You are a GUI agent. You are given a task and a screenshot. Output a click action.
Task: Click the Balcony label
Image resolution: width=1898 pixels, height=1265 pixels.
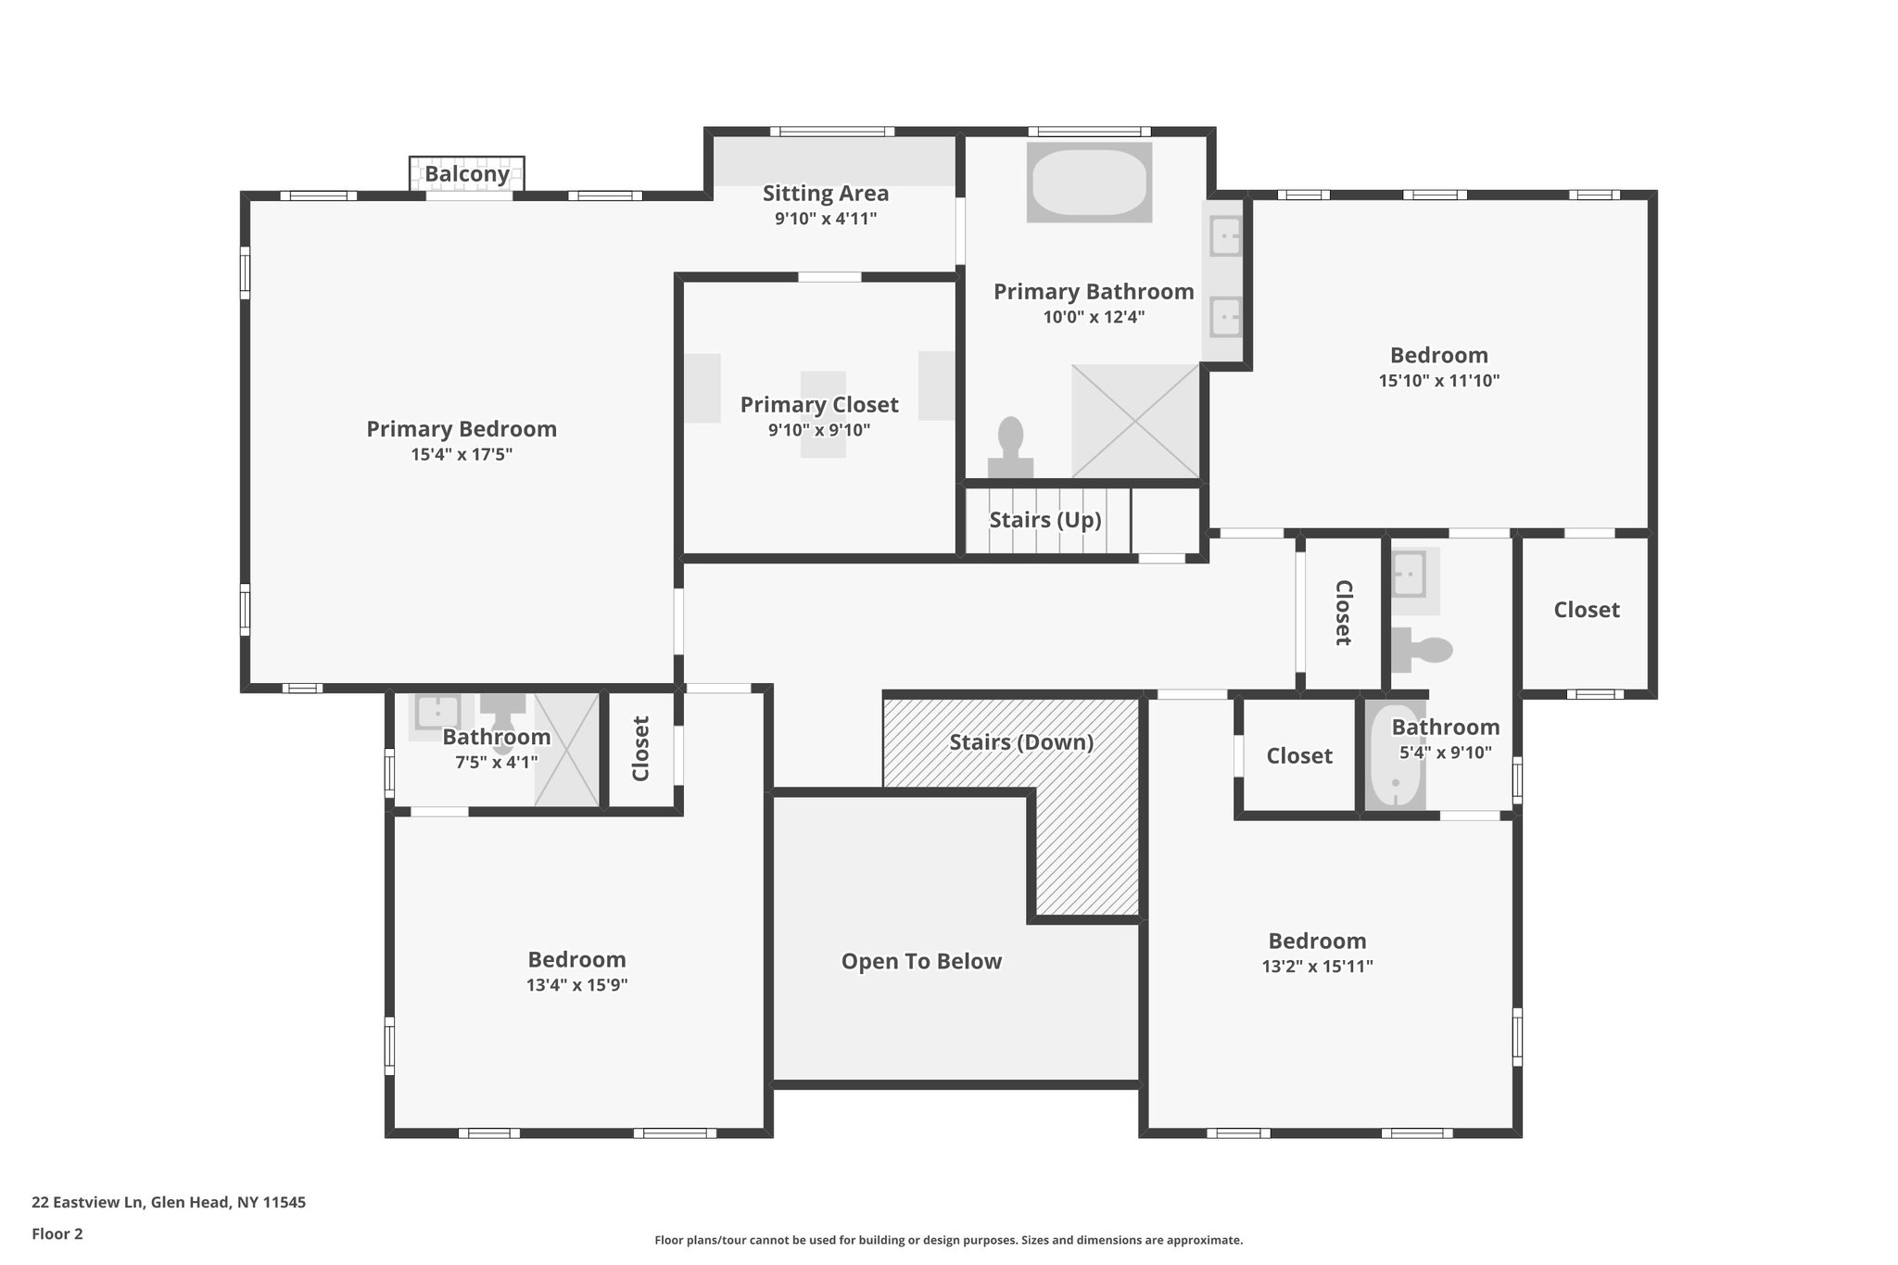(x=467, y=174)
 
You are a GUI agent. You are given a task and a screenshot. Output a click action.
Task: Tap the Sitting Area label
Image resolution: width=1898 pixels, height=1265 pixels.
(x=826, y=194)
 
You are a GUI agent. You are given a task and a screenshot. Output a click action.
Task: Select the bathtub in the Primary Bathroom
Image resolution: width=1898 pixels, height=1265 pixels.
(x=1089, y=183)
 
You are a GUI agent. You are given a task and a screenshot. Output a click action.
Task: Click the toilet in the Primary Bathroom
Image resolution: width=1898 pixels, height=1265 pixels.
(x=1010, y=447)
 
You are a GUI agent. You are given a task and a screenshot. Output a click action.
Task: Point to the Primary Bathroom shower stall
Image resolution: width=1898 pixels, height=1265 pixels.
(x=1135, y=422)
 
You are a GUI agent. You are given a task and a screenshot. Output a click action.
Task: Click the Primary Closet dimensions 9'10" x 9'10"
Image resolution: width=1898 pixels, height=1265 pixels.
(x=819, y=430)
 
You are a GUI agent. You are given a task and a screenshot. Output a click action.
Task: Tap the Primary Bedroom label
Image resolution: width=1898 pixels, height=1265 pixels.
(x=462, y=429)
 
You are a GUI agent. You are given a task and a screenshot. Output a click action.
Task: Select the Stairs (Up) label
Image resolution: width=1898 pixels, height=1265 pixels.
(x=1045, y=520)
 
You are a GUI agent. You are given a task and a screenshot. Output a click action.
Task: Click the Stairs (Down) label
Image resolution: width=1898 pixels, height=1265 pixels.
(x=1021, y=742)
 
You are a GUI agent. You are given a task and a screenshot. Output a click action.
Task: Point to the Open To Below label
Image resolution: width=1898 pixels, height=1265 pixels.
(x=921, y=961)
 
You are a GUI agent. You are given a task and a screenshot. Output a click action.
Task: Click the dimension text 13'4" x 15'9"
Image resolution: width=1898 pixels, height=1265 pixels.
(x=577, y=985)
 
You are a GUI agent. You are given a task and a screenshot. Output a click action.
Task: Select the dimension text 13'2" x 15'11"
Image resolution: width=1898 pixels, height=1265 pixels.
(x=1317, y=967)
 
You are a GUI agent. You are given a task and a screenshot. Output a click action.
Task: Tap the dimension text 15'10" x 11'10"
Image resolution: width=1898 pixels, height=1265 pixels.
(x=1439, y=381)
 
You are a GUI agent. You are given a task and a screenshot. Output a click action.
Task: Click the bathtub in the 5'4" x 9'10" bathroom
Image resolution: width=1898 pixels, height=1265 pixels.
(x=1396, y=757)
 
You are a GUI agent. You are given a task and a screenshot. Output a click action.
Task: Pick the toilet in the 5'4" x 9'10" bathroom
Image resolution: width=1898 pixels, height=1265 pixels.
(x=1422, y=649)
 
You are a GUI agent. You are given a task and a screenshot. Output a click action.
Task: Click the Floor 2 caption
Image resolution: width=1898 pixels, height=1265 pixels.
(x=57, y=1234)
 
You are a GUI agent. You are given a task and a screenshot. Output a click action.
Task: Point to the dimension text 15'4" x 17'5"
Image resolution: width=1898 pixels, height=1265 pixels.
(x=462, y=455)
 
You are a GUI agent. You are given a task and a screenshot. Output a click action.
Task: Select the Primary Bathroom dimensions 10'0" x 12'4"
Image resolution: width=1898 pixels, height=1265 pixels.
(x=1094, y=317)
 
